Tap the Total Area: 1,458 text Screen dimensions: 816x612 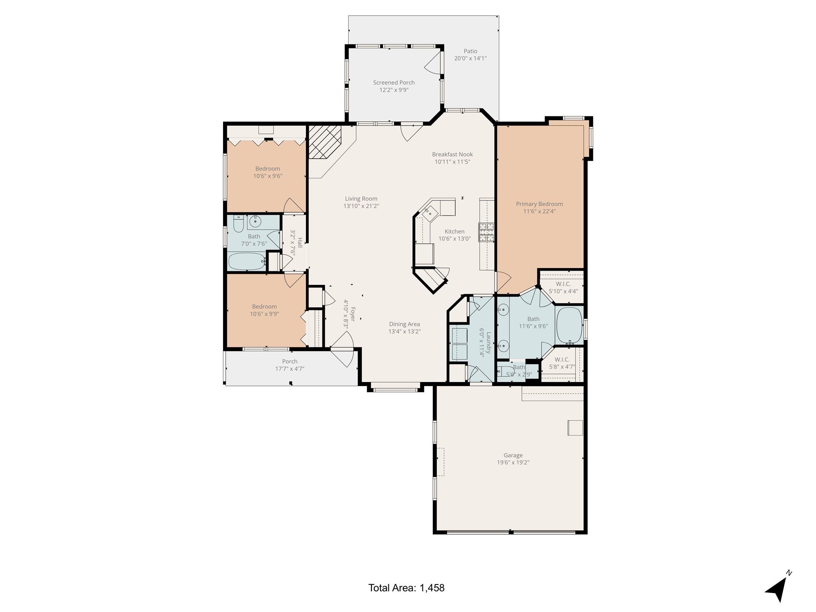click(x=406, y=588)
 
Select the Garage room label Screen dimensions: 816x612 click(x=513, y=459)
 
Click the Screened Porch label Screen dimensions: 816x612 click(x=394, y=86)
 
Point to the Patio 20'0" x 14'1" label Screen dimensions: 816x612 click(x=470, y=55)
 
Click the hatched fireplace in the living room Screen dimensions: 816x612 click(x=324, y=142)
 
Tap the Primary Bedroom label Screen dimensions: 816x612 click(x=539, y=207)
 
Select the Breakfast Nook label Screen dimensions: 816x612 click(x=452, y=158)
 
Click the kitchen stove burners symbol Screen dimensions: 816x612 click(x=486, y=232)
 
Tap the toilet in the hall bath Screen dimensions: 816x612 click(x=238, y=224)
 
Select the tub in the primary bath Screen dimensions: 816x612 click(x=569, y=325)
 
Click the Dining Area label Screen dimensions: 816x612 click(x=404, y=328)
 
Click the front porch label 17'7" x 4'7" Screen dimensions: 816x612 click(x=290, y=365)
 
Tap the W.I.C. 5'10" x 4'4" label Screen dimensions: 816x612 click(x=563, y=287)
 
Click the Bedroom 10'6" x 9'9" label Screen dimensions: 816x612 click(x=264, y=310)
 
